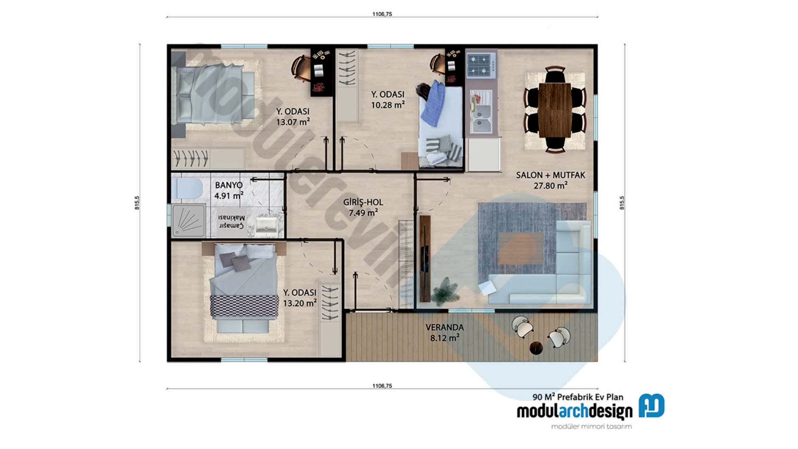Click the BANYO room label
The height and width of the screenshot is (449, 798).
click(229, 185)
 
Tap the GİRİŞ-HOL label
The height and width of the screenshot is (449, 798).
click(363, 202)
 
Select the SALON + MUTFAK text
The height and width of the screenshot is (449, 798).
click(550, 175)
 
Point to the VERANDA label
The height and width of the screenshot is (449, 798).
click(444, 328)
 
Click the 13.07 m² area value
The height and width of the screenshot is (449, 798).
click(293, 122)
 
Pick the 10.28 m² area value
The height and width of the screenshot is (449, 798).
click(387, 105)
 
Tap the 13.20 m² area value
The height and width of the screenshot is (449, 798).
click(299, 303)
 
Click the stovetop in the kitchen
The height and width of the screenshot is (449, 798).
click(481, 65)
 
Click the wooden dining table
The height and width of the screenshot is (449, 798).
click(554, 110)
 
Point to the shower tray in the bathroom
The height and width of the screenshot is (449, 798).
click(188, 221)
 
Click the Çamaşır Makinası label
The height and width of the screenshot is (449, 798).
click(232, 222)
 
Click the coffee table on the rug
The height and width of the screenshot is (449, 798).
click(521, 248)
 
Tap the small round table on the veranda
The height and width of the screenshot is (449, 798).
click(536, 348)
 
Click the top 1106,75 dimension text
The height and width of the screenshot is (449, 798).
click(382, 14)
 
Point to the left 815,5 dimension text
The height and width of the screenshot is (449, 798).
click(137, 202)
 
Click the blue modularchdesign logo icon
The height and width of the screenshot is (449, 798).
click(651, 405)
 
